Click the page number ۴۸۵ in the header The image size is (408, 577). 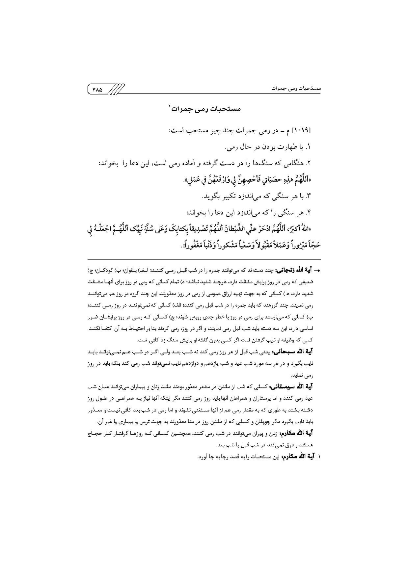pyautogui.click(x=98, y=89)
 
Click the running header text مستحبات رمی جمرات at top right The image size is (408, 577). pyautogui.click(x=296, y=89)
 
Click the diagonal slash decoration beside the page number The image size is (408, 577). pyautogui.click(x=116, y=89)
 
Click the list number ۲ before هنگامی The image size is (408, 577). pyautogui.click(x=308, y=163)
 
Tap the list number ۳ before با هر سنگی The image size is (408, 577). pyautogui.click(x=308, y=196)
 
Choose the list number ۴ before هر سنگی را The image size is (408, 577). pyautogui.click(x=308, y=213)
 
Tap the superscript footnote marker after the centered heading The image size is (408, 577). pyautogui.click(x=170, y=106)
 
